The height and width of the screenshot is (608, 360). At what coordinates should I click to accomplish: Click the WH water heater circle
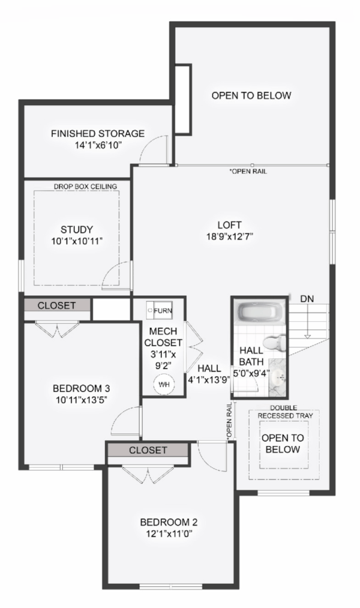click(x=164, y=385)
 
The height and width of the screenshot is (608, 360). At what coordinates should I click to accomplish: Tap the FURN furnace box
click(x=159, y=310)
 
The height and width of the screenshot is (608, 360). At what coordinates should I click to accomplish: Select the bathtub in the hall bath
click(x=259, y=312)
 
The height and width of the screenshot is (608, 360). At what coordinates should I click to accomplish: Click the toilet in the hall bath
click(x=275, y=343)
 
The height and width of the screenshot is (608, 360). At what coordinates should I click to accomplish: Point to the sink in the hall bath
click(x=278, y=377)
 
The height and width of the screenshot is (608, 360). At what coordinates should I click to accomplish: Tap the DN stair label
click(x=307, y=298)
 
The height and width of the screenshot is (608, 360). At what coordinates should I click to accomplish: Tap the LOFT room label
click(x=229, y=225)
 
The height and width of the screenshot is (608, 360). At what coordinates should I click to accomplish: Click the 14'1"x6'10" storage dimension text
click(x=98, y=145)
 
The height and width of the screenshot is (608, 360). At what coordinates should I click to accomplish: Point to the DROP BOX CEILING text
click(x=85, y=187)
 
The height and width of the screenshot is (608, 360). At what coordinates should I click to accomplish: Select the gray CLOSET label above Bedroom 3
click(x=56, y=306)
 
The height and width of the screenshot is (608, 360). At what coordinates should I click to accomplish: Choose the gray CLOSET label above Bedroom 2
click(x=148, y=450)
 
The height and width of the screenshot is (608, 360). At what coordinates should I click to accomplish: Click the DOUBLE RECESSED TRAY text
click(x=284, y=412)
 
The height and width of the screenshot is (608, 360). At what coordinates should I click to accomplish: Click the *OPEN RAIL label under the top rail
click(x=248, y=172)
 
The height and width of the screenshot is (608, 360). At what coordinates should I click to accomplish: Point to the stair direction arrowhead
click(x=308, y=336)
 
